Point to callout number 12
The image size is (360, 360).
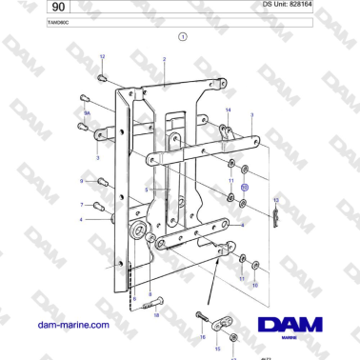(x=102, y=58)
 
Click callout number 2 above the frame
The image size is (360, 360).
(x=164, y=59)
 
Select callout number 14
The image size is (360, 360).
(x=228, y=110)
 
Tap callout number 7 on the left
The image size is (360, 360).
(x=82, y=204)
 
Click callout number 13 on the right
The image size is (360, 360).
(x=274, y=199)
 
